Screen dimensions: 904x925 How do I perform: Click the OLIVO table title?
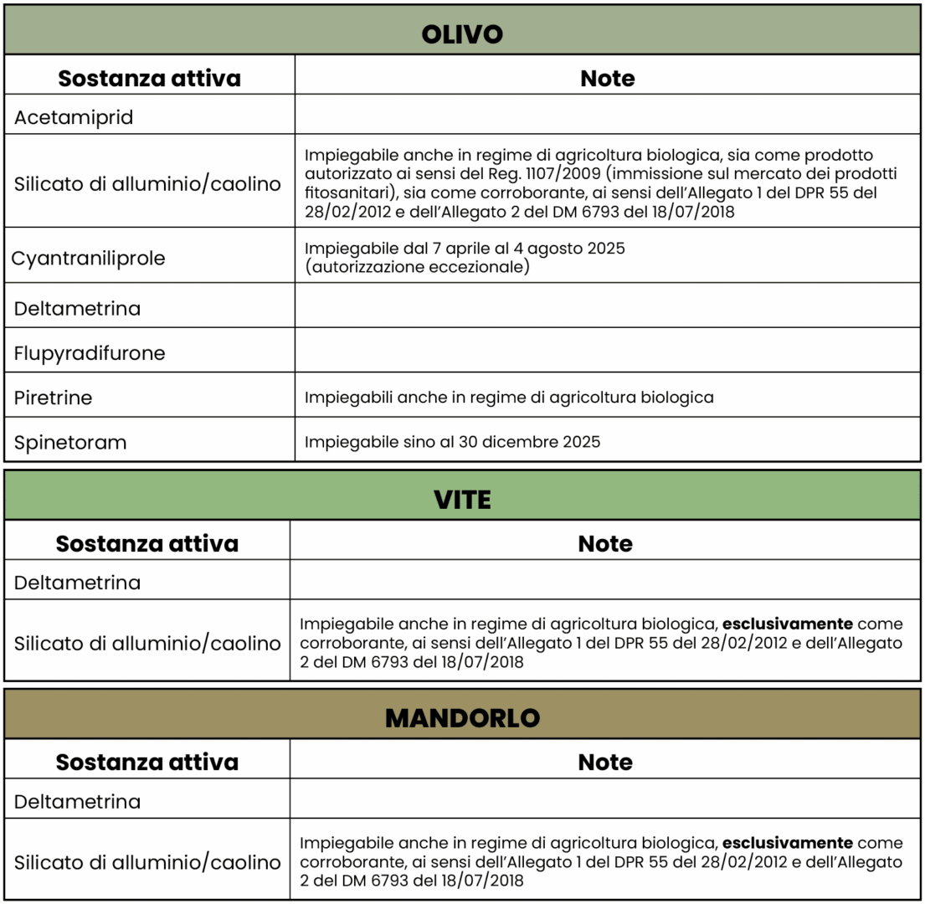point(462,33)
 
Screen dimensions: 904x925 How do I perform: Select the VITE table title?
point(462,500)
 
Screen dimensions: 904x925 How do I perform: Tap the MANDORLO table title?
point(462,718)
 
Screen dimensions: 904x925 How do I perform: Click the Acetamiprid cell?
point(74,118)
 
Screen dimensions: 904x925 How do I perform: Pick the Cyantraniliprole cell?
point(88,258)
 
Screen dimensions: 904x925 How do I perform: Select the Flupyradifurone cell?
point(90,353)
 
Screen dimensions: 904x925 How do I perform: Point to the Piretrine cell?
point(53,398)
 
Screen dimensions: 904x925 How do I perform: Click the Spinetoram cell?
point(70,442)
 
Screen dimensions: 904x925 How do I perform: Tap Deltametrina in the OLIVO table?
point(77,308)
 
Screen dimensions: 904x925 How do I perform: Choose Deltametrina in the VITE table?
point(77,582)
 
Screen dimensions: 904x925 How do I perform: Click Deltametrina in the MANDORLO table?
point(77,801)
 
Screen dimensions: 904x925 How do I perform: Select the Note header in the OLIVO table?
point(607,79)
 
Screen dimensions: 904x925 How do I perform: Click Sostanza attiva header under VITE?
point(147,543)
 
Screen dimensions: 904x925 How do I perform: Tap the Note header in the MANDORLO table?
point(605,762)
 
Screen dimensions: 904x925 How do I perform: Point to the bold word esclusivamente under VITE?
point(788,624)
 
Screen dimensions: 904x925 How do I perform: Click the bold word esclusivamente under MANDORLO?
point(788,843)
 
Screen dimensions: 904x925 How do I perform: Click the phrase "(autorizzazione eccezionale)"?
point(418,268)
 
